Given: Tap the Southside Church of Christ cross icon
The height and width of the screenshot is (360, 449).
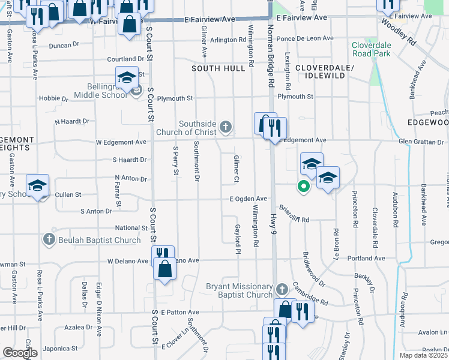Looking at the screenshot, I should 226,126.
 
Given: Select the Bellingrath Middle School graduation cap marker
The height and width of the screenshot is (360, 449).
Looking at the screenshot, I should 127,78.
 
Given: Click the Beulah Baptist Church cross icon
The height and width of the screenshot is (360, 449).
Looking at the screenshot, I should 50,240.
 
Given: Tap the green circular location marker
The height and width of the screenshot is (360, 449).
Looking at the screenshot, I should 304,186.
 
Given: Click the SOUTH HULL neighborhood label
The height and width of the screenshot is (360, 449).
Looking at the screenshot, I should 218,68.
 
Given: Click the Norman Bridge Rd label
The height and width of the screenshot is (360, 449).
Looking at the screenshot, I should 271,57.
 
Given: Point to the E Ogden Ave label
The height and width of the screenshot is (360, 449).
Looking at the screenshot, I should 248,199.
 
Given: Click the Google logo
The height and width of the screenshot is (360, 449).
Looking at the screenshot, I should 20,353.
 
